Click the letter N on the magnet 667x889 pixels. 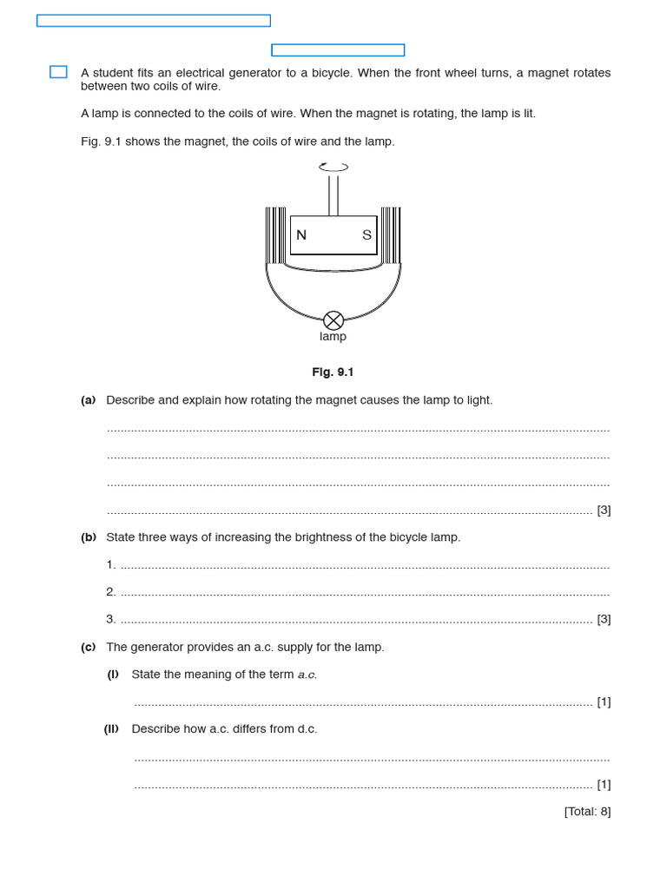[301, 235]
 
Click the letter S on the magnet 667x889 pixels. [367, 235]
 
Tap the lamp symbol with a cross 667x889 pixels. [333, 320]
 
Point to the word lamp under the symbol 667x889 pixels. [333, 337]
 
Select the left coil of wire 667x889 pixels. [275, 235]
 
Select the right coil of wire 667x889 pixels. [391, 235]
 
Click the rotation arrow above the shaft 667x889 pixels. [333, 167]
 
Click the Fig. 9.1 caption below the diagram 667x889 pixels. [333, 372]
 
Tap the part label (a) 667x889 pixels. [88, 400]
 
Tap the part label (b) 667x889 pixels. [88, 537]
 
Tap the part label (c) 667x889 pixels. [88, 648]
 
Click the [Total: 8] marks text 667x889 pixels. [587, 812]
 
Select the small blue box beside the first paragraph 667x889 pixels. [58, 72]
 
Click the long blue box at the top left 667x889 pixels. [154, 21]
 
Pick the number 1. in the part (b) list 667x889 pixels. [111, 565]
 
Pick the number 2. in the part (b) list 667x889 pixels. [111, 592]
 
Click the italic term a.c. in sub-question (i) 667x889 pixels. [307, 675]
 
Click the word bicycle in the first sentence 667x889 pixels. [328, 73]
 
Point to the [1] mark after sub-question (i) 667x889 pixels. [604, 702]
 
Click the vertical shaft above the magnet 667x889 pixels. [333, 195]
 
